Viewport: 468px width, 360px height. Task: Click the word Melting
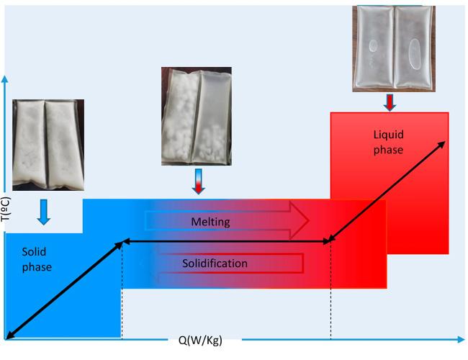click(x=211, y=222)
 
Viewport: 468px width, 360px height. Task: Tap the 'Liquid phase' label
click(x=389, y=141)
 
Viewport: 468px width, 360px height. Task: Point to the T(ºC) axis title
click(x=6, y=214)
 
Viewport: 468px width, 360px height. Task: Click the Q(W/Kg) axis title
click(x=200, y=341)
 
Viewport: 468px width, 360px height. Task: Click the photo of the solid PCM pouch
click(x=48, y=145)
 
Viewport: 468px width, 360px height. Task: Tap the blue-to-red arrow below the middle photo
click(x=199, y=181)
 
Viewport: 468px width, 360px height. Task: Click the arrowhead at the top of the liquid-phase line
click(x=442, y=143)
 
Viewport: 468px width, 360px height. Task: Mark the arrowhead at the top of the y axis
click(x=6, y=78)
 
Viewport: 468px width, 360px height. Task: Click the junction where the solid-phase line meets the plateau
click(x=122, y=242)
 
